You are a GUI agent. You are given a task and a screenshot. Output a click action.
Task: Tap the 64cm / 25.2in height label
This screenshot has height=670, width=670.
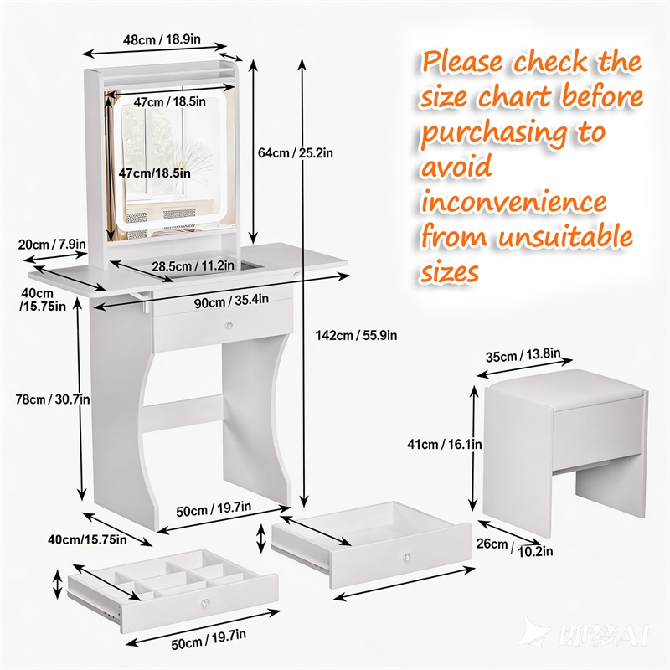[296, 152]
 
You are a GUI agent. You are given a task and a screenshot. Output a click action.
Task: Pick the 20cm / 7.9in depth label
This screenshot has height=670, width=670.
[52, 244]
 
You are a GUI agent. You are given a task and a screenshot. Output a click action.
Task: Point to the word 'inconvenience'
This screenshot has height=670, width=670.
[513, 202]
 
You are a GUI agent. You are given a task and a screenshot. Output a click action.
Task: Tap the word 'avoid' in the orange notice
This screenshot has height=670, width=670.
[456, 167]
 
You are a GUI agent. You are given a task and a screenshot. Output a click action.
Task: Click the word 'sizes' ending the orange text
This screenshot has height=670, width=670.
[450, 272]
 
